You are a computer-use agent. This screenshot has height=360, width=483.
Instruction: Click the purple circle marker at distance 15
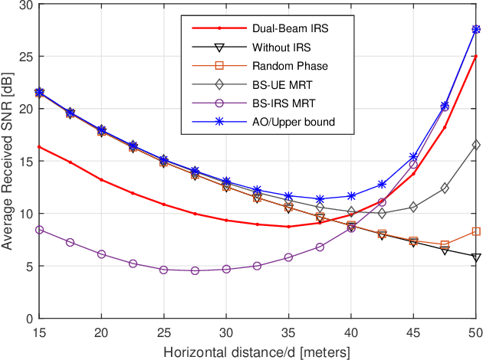click(x=39, y=230)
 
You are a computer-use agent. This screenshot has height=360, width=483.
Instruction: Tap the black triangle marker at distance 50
click(x=475, y=257)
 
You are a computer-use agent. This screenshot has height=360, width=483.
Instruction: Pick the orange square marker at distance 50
click(x=475, y=231)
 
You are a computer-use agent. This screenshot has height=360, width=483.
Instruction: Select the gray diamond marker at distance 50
click(x=475, y=145)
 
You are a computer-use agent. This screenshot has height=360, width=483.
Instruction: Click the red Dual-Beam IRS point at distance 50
click(x=475, y=57)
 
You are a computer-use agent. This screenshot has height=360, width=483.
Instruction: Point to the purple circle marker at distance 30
click(x=226, y=269)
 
